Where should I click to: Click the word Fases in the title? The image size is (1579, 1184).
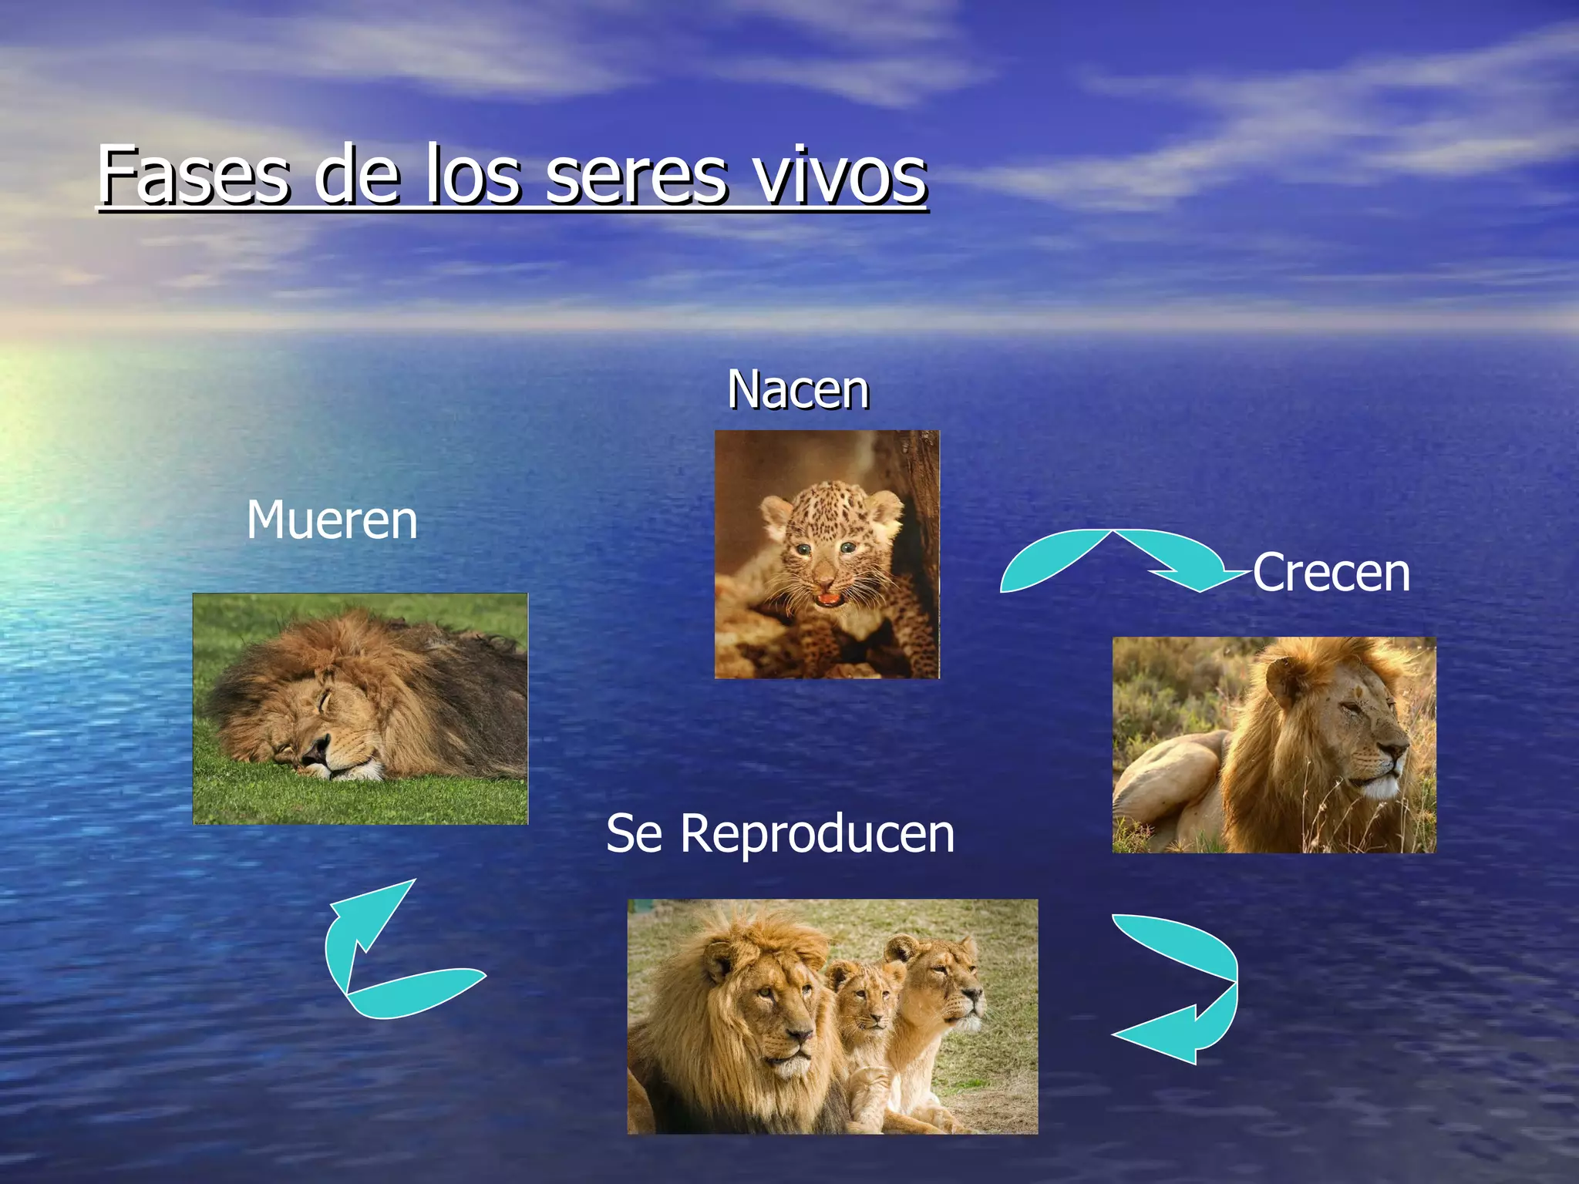[194, 175]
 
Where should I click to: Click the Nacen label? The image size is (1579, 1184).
[798, 389]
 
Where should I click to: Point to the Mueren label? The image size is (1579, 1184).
[332, 520]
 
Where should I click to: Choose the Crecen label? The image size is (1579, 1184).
[1331, 573]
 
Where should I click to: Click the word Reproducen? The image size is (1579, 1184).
[817, 834]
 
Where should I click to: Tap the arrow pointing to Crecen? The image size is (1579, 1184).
[1118, 559]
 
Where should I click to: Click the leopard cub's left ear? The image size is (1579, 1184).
[775, 513]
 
